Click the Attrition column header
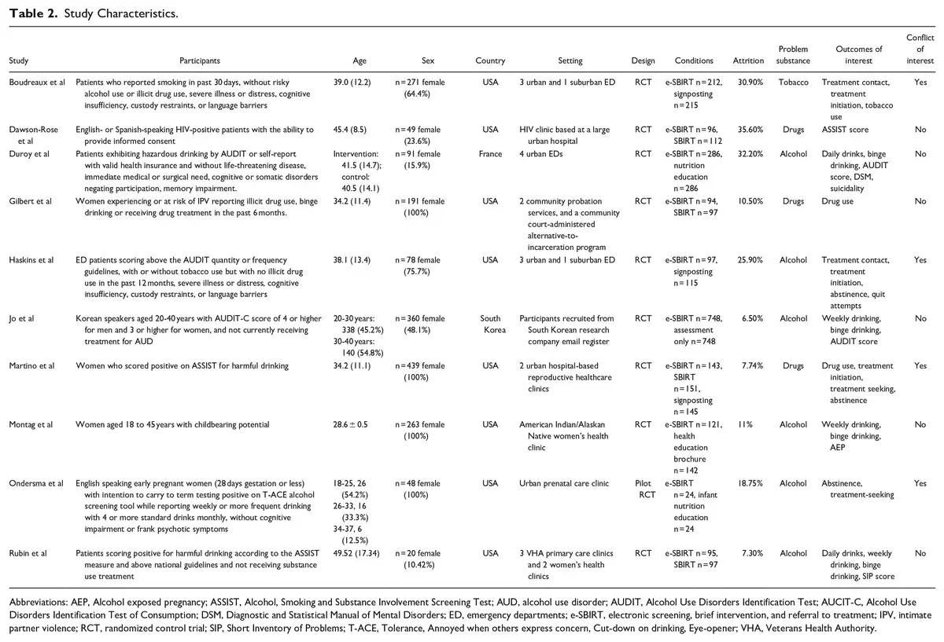point(747,61)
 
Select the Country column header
point(490,61)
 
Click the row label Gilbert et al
point(30,201)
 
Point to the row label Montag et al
point(31,424)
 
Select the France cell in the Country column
point(490,154)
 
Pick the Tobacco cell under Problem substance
point(793,83)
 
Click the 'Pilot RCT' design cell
point(643,489)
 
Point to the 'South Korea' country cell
point(490,324)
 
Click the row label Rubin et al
point(28,553)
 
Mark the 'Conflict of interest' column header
point(920,49)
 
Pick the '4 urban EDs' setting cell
point(542,154)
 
